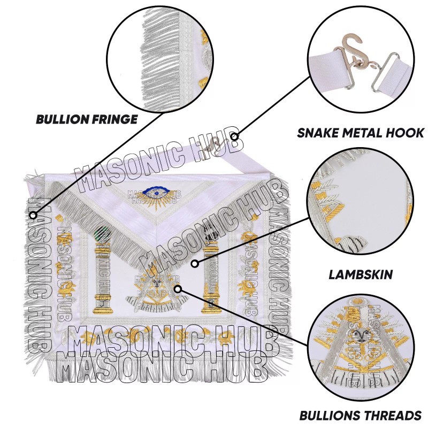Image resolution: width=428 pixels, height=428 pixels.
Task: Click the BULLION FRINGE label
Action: [87, 119]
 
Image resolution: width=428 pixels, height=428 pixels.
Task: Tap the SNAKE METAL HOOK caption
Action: [361, 133]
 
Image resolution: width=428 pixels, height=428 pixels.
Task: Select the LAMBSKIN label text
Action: [361, 275]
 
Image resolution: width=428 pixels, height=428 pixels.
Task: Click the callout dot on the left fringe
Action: [33, 215]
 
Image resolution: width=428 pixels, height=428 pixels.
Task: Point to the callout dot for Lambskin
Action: [195, 263]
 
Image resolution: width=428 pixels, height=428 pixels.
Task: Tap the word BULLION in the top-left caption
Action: [59, 119]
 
